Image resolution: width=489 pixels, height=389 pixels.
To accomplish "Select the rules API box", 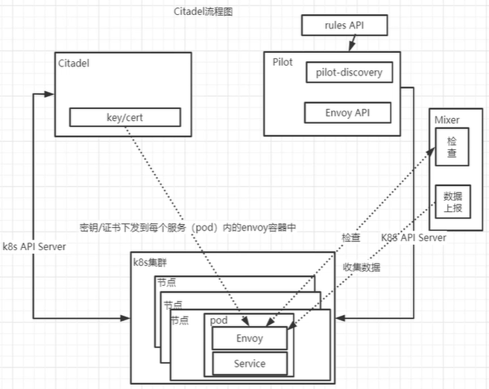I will tap(344, 26).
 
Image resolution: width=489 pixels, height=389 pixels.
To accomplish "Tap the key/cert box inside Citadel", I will tap(124, 117).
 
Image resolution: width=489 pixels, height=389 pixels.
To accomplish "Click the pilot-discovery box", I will tap(349, 72).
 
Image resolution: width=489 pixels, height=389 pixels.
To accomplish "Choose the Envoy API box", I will tap(348, 113).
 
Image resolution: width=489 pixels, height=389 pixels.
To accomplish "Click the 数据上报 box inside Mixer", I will tap(453, 201).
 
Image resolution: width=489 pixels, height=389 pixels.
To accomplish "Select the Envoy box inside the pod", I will tap(250, 338).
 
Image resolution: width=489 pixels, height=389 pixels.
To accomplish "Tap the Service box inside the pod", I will tap(250, 364).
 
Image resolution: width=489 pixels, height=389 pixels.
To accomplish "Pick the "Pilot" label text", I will tap(283, 62).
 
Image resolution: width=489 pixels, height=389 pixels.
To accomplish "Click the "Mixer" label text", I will tap(447, 119).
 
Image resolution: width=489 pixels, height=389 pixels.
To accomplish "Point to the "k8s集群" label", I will tap(151, 262).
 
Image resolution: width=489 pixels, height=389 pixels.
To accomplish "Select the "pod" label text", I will tap(218, 320).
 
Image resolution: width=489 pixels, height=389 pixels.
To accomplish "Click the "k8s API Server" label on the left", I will tap(34, 246).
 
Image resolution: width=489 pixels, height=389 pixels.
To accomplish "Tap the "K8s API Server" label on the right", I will tap(414, 237).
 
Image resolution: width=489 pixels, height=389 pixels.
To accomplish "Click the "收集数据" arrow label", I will tap(362, 267).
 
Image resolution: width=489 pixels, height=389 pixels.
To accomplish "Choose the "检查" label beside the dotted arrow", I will tap(351, 237).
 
